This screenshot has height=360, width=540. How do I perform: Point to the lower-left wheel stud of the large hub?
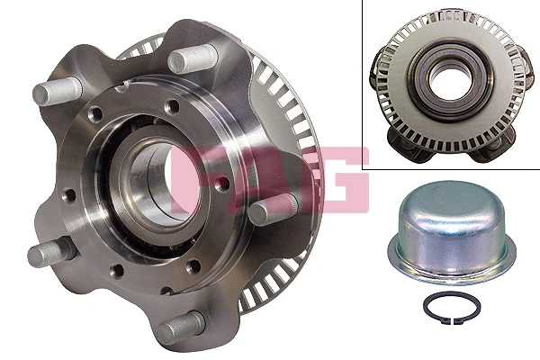[43, 254]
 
